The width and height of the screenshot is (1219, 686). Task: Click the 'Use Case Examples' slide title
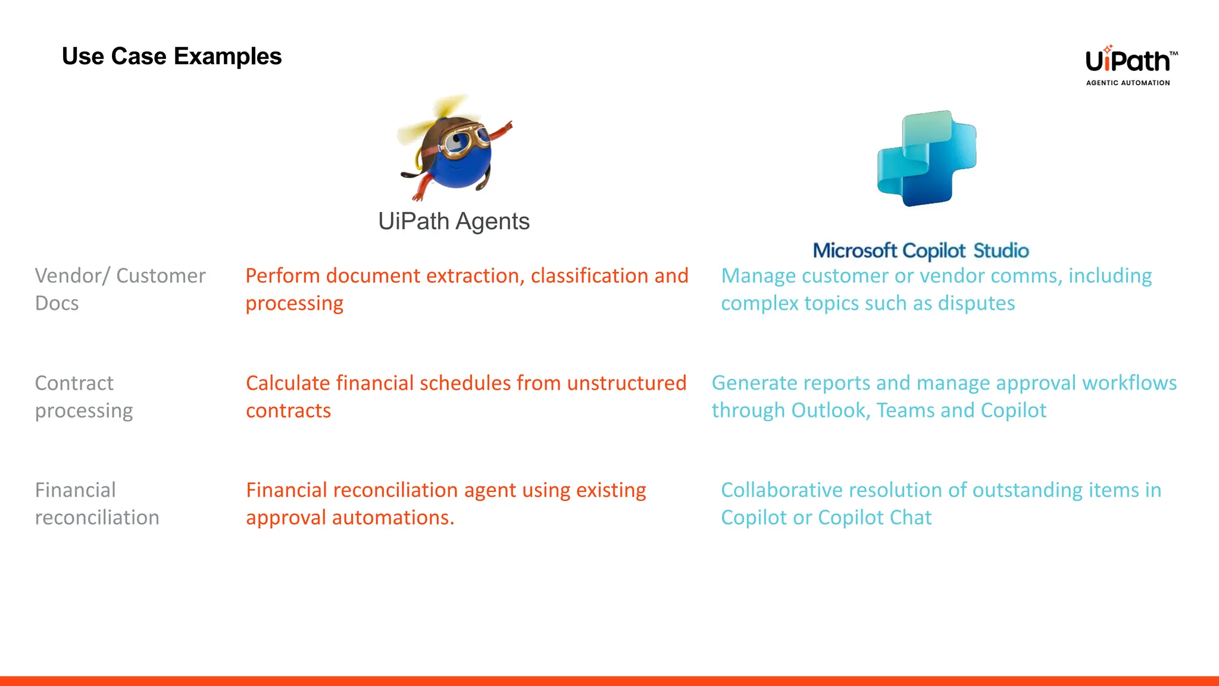[171, 57]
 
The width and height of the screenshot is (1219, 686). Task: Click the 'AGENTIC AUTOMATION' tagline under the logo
[1127, 83]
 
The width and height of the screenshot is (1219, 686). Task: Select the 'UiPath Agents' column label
[454, 222]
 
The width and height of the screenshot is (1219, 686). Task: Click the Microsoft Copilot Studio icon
[927, 158]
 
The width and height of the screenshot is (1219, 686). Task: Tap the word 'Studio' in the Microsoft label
[1001, 251]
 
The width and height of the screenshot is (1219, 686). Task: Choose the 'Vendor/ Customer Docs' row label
[120, 289]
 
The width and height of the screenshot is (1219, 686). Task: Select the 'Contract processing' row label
[83, 397]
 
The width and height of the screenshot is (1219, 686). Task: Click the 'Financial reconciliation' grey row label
[96, 504]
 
